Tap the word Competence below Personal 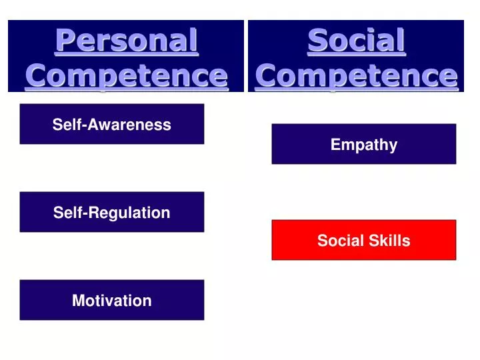coord(126,75)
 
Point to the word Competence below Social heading coord(356,75)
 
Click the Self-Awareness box coord(112,124)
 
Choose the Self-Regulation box coord(112,212)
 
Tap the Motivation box coord(112,300)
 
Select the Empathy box coord(364,144)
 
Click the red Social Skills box coord(364,240)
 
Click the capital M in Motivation coord(78,301)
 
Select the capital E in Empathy coord(335,145)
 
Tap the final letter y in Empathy coord(393,147)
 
